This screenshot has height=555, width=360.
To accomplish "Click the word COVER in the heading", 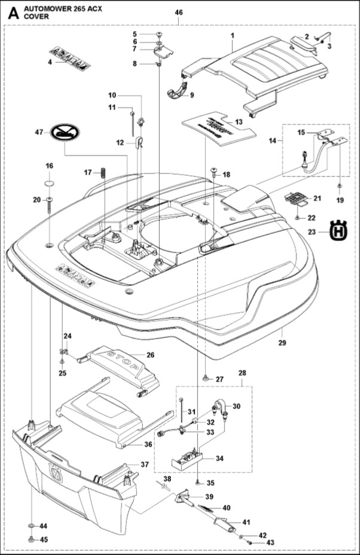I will pos(36,17).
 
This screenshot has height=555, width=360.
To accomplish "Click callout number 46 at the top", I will pos(179,12).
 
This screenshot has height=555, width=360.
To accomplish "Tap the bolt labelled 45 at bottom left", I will pos(30,539).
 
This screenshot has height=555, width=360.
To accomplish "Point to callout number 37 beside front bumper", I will pos(145,465).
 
